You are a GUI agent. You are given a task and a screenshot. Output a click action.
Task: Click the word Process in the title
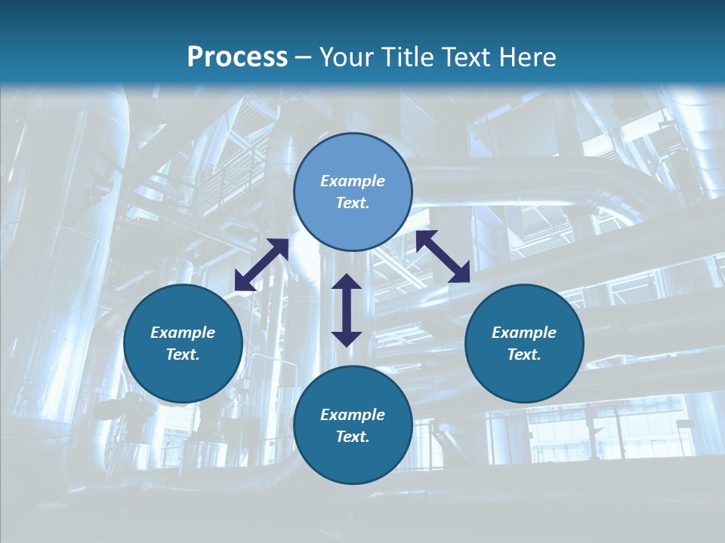tap(237, 57)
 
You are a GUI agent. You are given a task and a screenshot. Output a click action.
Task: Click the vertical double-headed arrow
tap(347, 310)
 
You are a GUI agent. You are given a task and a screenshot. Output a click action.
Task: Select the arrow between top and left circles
tap(261, 265)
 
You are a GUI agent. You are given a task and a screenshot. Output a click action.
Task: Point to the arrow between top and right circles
tap(443, 256)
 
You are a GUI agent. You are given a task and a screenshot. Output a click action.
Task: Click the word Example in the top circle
tap(353, 181)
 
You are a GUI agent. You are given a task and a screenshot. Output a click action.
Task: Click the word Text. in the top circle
tap(353, 203)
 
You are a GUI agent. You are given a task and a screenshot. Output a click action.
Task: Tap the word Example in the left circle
tap(183, 333)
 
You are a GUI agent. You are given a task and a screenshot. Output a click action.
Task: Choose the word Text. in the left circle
tap(183, 354)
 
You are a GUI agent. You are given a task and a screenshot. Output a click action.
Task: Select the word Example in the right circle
tap(524, 333)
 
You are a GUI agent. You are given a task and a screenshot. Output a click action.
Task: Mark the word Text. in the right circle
tap(524, 354)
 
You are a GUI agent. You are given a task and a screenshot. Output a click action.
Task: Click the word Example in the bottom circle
tap(353, 415)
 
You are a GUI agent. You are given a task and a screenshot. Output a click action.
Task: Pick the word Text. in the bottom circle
tap(353, 437)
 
